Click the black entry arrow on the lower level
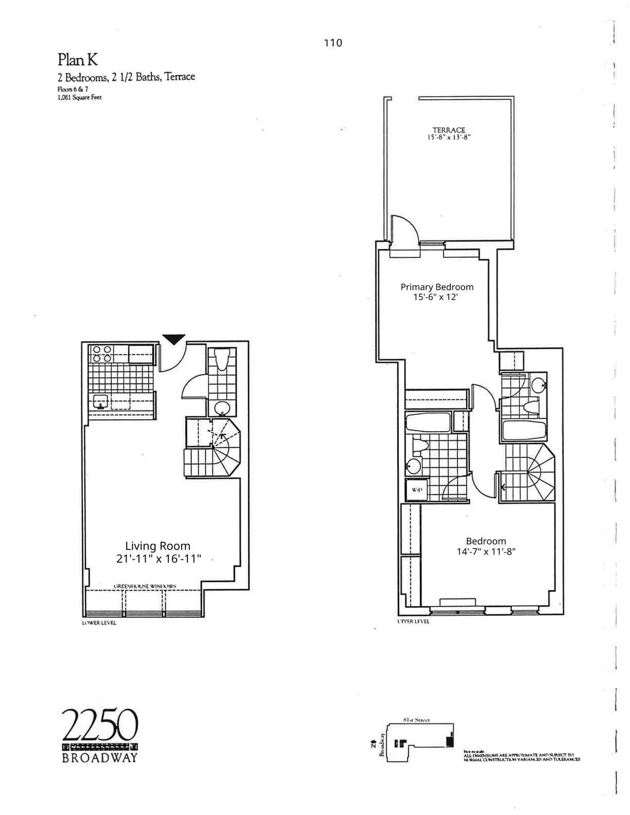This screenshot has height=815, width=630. point(174,339)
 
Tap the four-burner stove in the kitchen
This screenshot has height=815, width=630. point(101,355)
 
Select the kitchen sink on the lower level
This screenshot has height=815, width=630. point(100,401)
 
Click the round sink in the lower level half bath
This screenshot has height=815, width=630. point(222,409)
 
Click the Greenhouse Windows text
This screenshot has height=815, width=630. point(145,586)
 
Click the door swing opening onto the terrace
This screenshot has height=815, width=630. point(405,231)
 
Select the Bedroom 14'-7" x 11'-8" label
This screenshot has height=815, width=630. point(486,546)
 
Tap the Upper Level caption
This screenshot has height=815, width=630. point(413,622)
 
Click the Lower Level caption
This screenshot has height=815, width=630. point(99,623)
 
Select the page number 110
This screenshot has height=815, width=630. point(333,43)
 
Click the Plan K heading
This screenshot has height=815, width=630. point(77,60)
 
